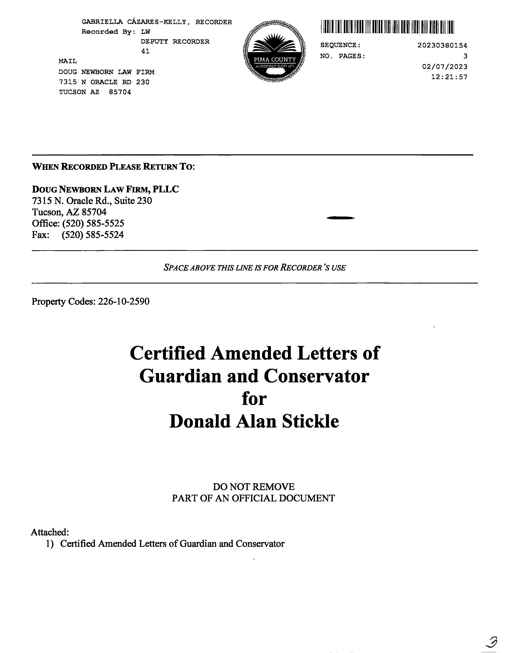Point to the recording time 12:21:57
449,77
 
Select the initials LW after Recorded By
146,32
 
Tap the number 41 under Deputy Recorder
145,51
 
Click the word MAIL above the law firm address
68,61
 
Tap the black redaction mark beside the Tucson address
341,218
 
